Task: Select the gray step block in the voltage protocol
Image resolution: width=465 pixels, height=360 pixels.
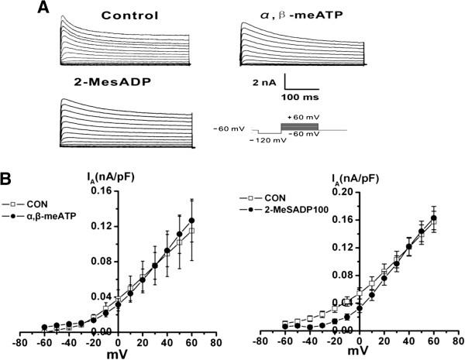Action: coord(298,125)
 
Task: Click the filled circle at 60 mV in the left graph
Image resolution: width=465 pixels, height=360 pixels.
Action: coord(191,221)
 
